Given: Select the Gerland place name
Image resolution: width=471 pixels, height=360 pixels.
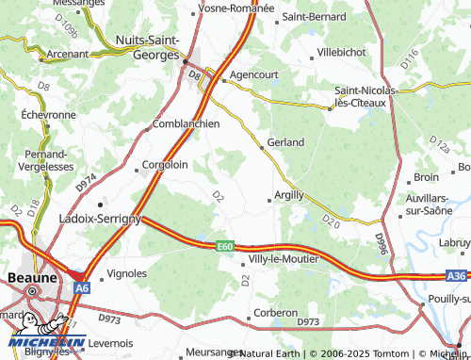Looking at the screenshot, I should [x=285, y=142].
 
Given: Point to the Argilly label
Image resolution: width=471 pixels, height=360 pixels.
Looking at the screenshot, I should [x=288, y=195].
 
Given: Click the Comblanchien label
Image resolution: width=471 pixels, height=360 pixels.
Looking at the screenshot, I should [x=186, y=123].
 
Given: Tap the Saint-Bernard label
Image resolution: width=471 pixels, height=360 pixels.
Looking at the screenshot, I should [x=315, y=16].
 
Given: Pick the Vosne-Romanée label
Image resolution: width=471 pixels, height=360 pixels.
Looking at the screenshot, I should [x=235, y=7].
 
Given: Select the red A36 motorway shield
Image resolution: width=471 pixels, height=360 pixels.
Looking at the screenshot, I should [x=457, y=276].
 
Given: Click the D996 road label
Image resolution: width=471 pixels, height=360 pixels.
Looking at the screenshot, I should [x=382, y=244].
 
